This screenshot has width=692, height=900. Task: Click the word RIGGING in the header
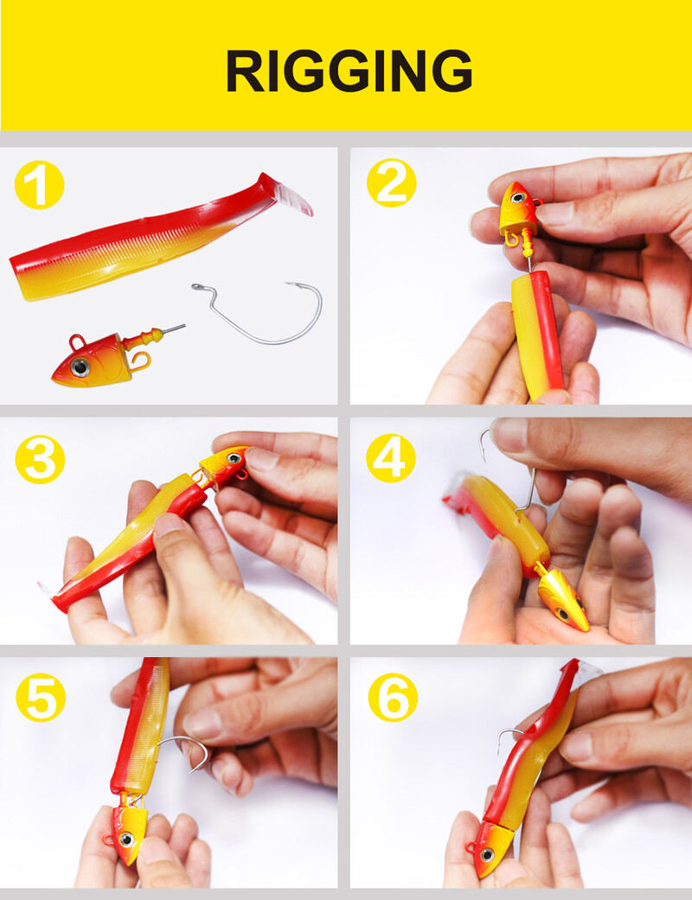click(349, 71)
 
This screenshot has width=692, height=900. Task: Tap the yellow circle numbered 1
click(39, 185)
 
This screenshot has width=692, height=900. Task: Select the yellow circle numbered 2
click(392, 183)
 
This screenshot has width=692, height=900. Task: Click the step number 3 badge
click(40, 459)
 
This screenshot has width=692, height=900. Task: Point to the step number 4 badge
click(391, 458)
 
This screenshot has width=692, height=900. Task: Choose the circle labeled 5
click(40, 698)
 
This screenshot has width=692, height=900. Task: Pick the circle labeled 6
click(393, 698)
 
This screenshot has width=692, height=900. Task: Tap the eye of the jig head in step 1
click(80, 367)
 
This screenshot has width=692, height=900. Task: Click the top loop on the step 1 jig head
click(77, 342)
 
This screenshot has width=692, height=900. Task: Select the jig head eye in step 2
click(519, 198)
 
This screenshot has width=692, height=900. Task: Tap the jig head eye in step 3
click(234, 458)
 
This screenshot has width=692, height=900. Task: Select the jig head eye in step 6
click(487, 855)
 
